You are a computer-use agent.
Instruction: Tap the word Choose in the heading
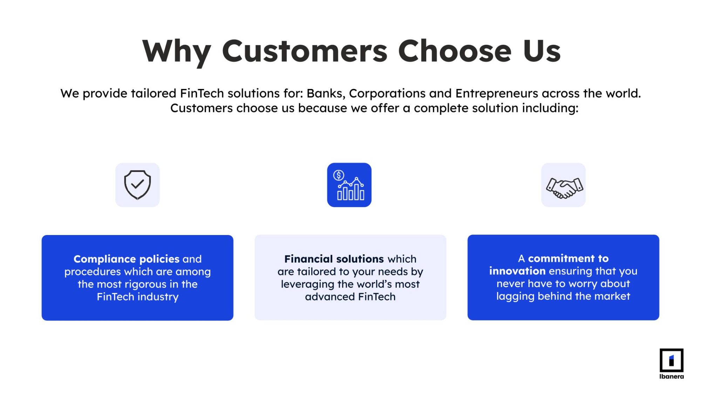pyautogui.click(x=455, y=51)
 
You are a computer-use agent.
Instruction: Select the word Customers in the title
pyautogui.click(x=305, y=51)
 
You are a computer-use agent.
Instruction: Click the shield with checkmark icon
pyautogui.click(x=137, y=185)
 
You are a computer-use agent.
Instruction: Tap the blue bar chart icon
pyautogui.click(x=349, y=185)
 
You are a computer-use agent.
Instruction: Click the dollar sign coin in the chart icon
pyautogui.click(x=339, y=175)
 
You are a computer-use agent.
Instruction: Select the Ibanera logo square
pyautogui.click(x=671, y=360)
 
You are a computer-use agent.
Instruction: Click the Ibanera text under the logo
pyautogui.click(x=671, y=376)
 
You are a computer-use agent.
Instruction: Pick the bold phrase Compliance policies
pyautogui.click(x=127, y=259)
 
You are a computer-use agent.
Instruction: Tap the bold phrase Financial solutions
pyautogui.click(x=334, y=259)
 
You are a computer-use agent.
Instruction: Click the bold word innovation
pyautogui.click(x=517, y=271)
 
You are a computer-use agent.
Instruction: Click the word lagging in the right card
pyautogui.click(x=515, y=296)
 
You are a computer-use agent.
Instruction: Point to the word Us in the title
pyautogui.click(x=542, y=51)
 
